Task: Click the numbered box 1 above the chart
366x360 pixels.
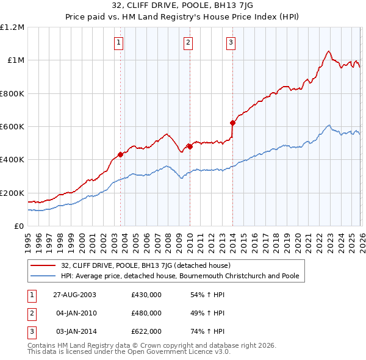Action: tap(118, 42)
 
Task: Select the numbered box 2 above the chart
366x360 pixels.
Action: tap(188, 42)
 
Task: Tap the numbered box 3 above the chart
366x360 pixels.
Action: tap(231, 42)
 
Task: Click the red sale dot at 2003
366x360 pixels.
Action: tap(121, 154)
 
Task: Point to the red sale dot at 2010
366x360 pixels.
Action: tap(190, 146)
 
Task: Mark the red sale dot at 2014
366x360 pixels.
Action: tap(232, 123)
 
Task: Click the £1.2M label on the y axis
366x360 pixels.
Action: tap(12, 27)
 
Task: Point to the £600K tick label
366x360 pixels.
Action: tap(12, 127)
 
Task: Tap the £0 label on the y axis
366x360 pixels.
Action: tap(20, 226)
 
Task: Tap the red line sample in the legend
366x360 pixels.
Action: tap(43, 266)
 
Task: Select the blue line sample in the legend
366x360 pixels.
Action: tap(43, 276)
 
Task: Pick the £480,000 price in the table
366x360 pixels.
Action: tap(146, 313)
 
